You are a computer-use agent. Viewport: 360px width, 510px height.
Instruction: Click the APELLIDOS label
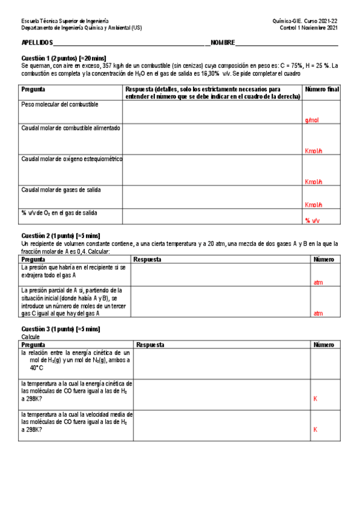coord(37,43)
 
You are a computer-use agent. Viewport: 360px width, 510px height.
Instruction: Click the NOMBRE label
coord(222,43)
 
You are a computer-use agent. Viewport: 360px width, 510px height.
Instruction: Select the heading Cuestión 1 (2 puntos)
coord(64,58)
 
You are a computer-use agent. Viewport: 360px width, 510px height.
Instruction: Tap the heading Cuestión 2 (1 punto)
coord(61,235)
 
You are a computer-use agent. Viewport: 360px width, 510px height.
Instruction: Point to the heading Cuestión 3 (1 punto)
coord(61,329)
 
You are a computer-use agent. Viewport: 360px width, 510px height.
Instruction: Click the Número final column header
coord(322,89)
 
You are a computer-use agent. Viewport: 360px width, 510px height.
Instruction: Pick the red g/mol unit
coord(312,120)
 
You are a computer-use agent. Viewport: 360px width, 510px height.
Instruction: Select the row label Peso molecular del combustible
coord(59,105)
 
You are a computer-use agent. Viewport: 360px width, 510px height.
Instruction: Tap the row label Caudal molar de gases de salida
coord(61,190)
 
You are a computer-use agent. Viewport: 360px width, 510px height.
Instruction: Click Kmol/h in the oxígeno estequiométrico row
coord(314,182)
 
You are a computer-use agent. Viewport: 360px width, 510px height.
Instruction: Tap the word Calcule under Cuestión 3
coord(30,337)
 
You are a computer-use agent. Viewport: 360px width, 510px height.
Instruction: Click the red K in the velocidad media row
coord(315,429)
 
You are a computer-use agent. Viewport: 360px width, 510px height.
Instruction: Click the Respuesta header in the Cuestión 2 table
coord(147,259)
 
